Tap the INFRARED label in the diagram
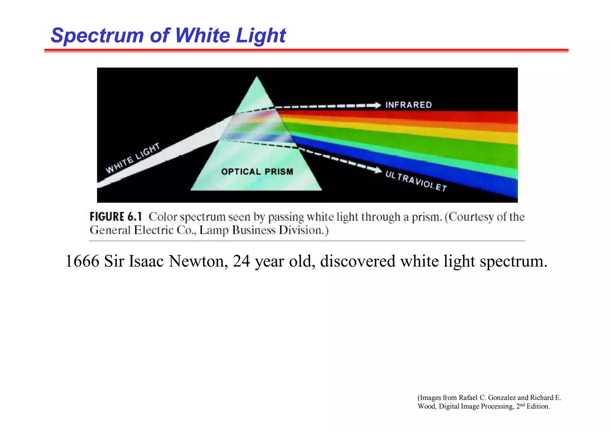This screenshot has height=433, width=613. tap(408, 105)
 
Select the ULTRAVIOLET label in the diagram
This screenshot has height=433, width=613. tap(416, 181)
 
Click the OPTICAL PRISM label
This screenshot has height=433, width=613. tap(257, 172)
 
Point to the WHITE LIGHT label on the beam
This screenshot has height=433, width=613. tap(133, 158)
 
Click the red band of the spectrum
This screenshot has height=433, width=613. tap(449, 116)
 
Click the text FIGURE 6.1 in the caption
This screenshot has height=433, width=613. tap(116, 217)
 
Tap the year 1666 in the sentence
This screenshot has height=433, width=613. tap(82, 261)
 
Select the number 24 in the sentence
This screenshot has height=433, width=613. tap(241, 261)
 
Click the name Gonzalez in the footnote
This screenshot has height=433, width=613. tap(502, 398)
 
